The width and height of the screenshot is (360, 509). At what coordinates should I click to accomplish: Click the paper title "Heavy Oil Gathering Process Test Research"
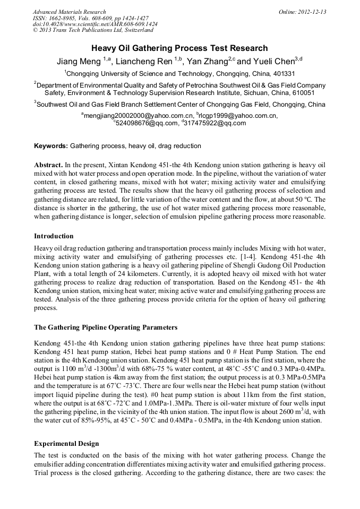tap(179, 48)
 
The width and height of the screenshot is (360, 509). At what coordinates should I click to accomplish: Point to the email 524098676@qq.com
tap(147, 123)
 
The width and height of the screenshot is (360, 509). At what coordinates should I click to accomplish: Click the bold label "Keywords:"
tap(51, 145)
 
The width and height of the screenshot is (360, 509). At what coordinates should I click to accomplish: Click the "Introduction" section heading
tap(54, 236)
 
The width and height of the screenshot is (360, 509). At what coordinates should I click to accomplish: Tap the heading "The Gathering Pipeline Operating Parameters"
tap(106, 327)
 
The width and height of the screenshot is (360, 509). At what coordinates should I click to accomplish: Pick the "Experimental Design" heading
tap(66, 443)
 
